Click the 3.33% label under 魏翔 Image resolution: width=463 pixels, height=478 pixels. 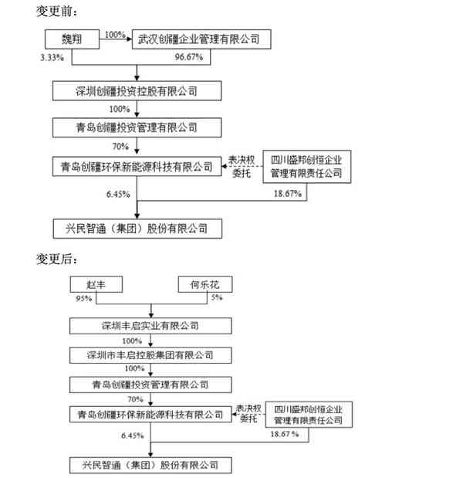tap(52, 57)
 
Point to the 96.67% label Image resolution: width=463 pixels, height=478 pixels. tap(189, 57)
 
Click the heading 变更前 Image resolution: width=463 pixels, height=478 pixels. tap(57, 12)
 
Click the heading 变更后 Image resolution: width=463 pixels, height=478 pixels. tap(57, 259)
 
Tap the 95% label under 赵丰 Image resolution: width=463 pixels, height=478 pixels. tap(84, 298)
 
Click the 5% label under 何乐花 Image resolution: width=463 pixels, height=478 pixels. tap(217, 297)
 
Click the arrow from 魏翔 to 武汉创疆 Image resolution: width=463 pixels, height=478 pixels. tap(116, 39)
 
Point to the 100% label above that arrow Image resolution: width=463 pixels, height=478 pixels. tap(115, 35)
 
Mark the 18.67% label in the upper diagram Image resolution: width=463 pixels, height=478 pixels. tap(288, 194)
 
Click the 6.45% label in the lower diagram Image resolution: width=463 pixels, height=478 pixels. tap(133, 436)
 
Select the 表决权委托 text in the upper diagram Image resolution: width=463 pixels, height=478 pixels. tap(242, 167)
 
